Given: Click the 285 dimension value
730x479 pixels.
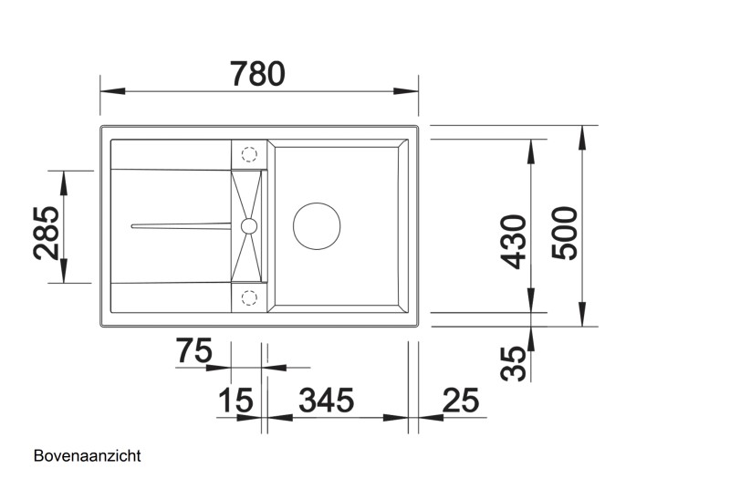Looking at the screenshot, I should tap(47, 232).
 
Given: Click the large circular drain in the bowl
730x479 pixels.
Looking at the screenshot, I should tap(317, 224).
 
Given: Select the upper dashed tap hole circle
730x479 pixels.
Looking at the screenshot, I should tap(248, 155).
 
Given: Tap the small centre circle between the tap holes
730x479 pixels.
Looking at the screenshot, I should tap(248, 224).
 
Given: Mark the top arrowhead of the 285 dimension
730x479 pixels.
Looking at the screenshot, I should tap(64, 181).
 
